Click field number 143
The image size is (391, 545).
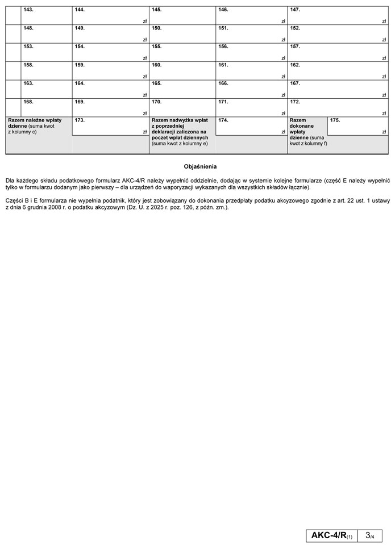pos(47,15)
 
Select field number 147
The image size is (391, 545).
pos(338,15)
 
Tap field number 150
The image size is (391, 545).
pos(182,33)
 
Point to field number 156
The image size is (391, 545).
pos(251,52)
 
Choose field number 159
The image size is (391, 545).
pos(110,70)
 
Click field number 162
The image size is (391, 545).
pos(338,70)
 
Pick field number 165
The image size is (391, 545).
pos(182,89)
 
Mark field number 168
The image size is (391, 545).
pos(47,107)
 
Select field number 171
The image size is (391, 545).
pos(251,107)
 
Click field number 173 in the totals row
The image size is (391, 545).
pos(110,126)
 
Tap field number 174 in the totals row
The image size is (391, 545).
pos(251,126)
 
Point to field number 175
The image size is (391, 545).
pos(357,126)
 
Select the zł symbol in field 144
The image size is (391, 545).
pos(145,22)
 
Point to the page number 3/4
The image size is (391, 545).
pos(370,535)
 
